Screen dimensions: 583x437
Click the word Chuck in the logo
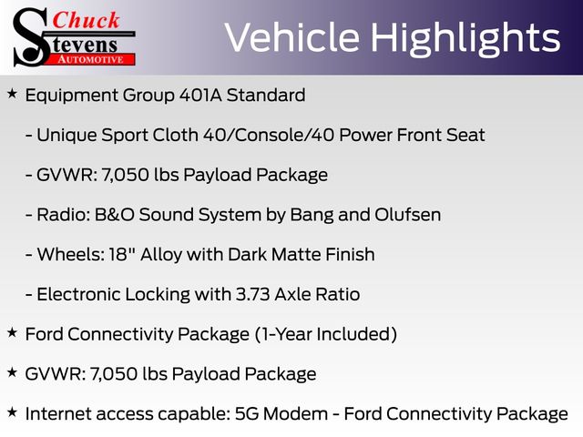coord(86,20)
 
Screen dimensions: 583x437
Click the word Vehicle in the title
coord(291,37)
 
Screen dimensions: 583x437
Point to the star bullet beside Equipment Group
coord(12,94)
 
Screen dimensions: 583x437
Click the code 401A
coord(200,95)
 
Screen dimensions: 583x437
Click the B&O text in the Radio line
coord(115,215)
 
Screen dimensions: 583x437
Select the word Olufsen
coord(408,215)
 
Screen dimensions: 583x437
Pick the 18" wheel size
coord(122,255)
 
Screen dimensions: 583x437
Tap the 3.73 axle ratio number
coord(253,294)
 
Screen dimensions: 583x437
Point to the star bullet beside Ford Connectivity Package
coord(12,332)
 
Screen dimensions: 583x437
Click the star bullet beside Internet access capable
coord(12,412)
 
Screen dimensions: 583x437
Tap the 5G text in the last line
coord(247,413)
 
